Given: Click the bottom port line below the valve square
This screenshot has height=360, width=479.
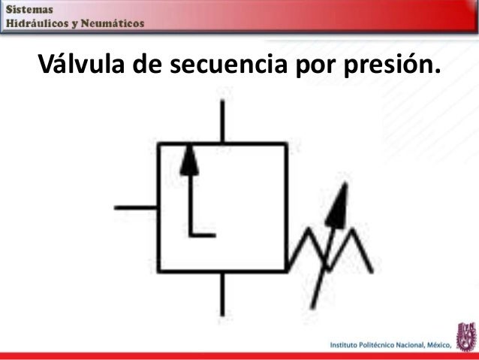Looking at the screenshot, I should [x=221, y=294].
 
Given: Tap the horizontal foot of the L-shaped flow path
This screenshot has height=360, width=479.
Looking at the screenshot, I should [x=203, y=234].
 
